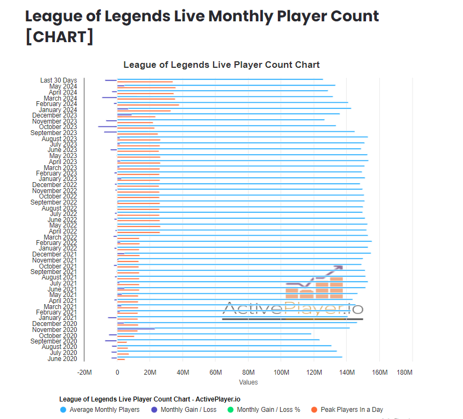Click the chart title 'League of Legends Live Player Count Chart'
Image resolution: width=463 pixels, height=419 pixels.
point(221,65)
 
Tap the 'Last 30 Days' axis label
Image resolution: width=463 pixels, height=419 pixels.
point(59,80)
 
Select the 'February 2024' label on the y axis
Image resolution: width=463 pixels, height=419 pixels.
point(56,104)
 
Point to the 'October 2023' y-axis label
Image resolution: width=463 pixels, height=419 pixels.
point(58,127)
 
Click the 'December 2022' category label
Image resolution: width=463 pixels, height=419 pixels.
point(55,185)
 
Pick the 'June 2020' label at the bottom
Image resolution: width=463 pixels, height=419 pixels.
point(62,359)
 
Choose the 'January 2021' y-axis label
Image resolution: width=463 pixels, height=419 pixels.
point(58,318)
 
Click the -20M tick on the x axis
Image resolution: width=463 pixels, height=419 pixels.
point(84,373)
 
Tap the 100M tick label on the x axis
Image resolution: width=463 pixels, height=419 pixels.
point(281,373)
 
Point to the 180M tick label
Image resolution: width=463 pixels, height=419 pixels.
point(404,373)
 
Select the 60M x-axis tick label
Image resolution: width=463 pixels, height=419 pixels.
point(216,373)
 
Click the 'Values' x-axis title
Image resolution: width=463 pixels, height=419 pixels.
point(248,382)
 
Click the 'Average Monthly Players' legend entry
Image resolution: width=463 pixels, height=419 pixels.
point(104,410)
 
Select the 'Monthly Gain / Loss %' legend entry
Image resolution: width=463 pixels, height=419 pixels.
point(268,410)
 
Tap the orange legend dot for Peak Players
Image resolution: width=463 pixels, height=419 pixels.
point(314,410)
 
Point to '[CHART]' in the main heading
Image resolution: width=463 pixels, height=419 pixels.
point(59,37)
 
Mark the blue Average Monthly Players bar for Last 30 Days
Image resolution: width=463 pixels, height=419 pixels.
point(219,79)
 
